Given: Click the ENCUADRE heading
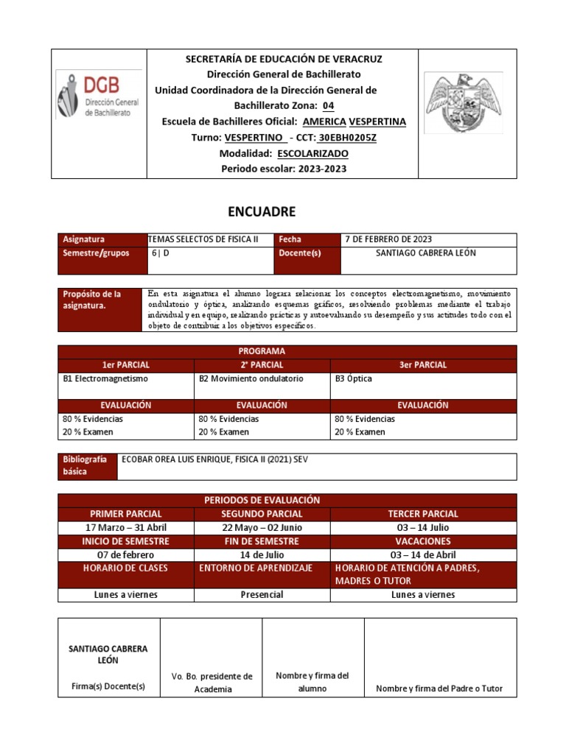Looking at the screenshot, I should point(262,212).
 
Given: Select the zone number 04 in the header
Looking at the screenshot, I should point(318,106).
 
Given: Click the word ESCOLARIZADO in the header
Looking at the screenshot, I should point(313,154).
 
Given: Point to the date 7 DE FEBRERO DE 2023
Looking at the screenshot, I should point(388,239).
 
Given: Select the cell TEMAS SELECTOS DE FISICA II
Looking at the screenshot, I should point(203,239).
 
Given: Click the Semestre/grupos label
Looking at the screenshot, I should point(96,253).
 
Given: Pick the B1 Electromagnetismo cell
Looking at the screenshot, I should point(106,378).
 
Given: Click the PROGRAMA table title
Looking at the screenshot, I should point(262,351).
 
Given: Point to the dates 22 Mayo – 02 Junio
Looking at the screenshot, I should point(261,527).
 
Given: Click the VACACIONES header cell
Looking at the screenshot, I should point(422,540).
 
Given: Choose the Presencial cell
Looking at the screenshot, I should point(262,594).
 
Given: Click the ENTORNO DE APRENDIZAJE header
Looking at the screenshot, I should point(256,568).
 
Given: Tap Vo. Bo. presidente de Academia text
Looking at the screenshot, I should point(212,683).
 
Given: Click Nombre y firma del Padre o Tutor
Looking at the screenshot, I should point(439,688).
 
